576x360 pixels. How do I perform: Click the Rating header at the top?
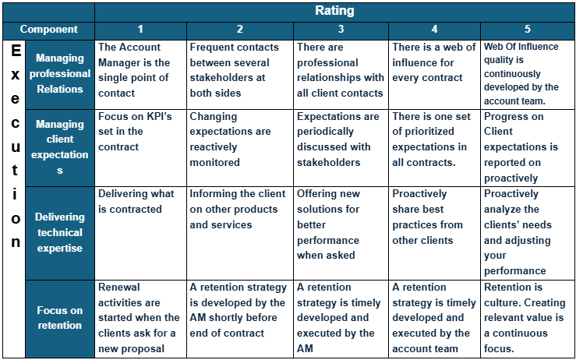click(x=334, y=11)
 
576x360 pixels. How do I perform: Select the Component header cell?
click(x=48, y=30)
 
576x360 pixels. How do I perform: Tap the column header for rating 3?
click(x=341, y=30)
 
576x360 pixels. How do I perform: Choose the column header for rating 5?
click(x=527, y=30)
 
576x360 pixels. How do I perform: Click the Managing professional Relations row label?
click(x=60, y=74)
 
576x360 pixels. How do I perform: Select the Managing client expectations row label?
click(x=60, y=147)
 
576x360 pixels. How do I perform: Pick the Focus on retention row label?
click(x=60, y=318)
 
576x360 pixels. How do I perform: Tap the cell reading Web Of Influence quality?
click(x=527, y=72)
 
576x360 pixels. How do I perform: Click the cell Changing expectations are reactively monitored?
click(x=239, y=139)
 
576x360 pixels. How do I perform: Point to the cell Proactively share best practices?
click(x=434, y=217)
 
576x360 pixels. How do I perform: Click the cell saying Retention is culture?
click(x=527, y=317)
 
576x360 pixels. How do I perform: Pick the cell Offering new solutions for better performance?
click(x=341, y=224)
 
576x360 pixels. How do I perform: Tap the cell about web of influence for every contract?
click(x=434, y=62)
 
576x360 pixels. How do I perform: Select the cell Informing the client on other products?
click(x=239, y=209)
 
